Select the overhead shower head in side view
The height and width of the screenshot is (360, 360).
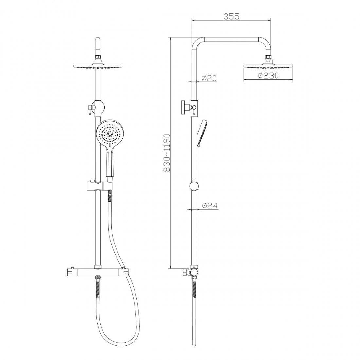pos(268,66)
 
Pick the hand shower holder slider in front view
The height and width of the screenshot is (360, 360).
pos(98,186)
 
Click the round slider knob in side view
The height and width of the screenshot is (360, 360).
pos(194,186)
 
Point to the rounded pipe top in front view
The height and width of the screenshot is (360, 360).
pos(98,41)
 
